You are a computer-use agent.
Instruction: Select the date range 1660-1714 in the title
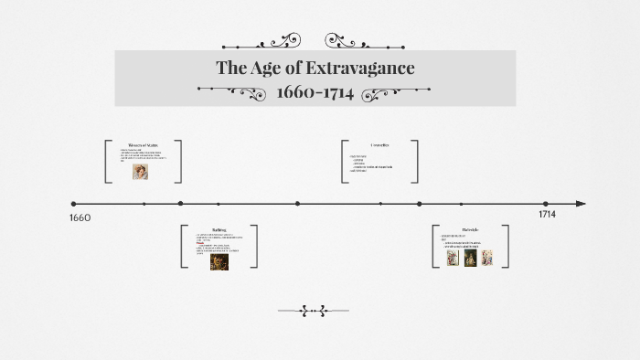[315, 93]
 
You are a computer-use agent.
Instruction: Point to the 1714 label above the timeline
[547, 214]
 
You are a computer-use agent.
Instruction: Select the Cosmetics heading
[379, 145]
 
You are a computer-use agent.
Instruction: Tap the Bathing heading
[219, 231]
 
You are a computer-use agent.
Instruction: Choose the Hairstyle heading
[470, 228]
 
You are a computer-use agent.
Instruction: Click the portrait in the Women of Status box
[140, 171]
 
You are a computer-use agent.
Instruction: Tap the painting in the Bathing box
[219, 261]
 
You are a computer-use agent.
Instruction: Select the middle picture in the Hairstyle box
[471, 258]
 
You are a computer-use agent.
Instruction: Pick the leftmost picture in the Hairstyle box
[453, 258]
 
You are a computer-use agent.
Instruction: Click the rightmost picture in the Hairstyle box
[487, 258]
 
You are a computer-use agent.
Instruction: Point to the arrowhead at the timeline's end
[579, 204]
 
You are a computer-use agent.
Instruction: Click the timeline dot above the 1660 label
[74, 204]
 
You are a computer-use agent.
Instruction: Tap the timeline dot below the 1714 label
[546, 204]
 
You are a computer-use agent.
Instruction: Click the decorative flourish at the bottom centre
[314, 312]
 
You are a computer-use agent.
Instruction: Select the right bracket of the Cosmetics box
[416, 162]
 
